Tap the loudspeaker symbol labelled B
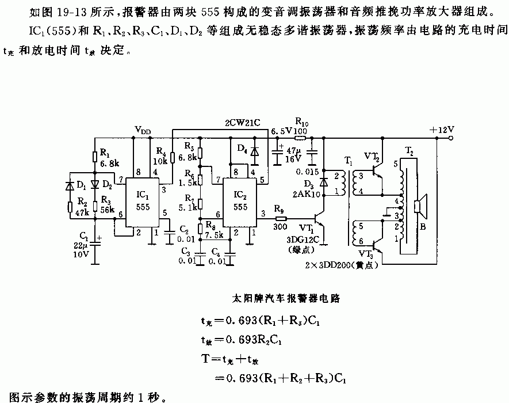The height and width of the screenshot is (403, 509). point(419,204)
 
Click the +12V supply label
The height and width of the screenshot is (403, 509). point(442,129)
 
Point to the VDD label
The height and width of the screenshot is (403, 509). point(143,130)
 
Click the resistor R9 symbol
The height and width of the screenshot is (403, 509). point(281,219)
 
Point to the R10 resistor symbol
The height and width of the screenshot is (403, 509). point(300,138)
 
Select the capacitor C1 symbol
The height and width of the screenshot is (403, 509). point(95,241)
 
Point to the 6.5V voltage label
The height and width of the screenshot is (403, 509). point(281,131)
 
